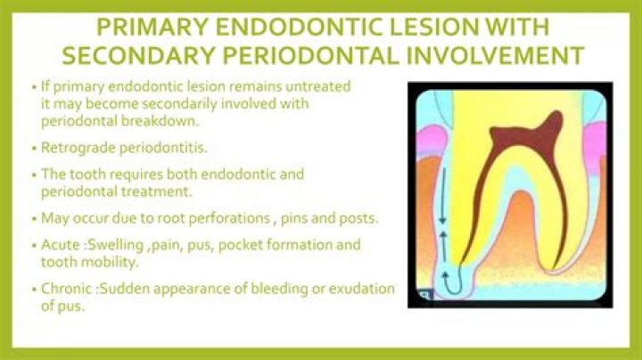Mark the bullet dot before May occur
pos(34,217)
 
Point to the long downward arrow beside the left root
pos(437,187)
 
